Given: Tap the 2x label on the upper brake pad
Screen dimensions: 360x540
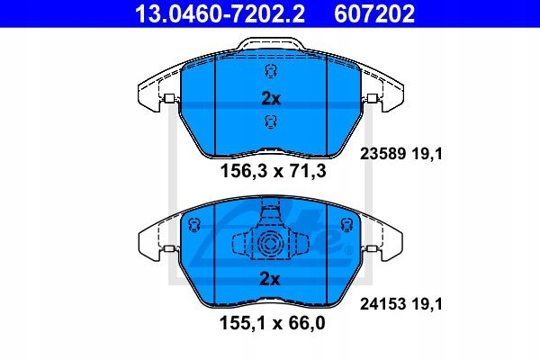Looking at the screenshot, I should [x=269, y=99].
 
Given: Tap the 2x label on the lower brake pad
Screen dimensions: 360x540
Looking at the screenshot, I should [x=269, y=280].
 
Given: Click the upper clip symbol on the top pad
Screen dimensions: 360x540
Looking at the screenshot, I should [x=268, y=73].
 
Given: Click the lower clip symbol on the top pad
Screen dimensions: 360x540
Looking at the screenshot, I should [x=268, y=123].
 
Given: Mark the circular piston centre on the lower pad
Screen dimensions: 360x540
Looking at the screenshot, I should [x=268, y=243].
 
